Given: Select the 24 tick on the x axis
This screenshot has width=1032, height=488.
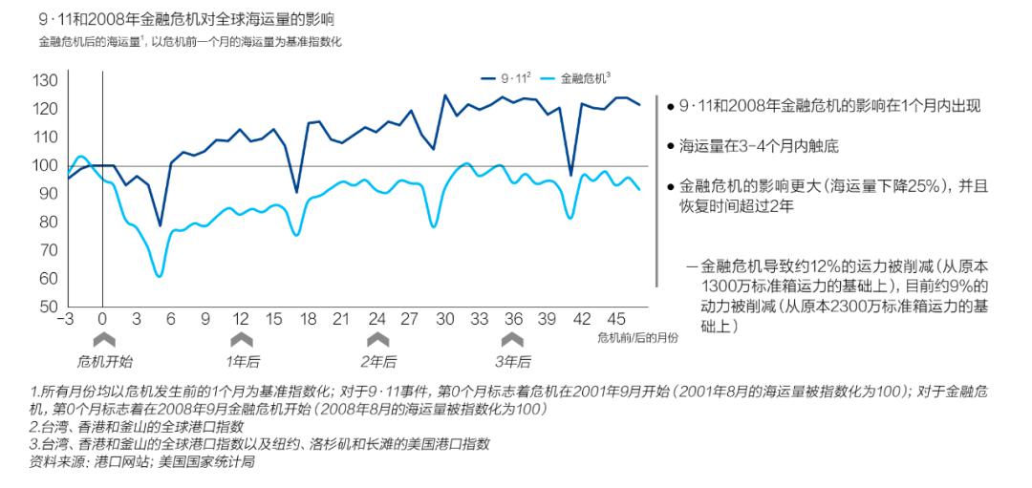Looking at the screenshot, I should [377, 319].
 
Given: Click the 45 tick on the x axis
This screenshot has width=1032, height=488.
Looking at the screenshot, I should [617, 319].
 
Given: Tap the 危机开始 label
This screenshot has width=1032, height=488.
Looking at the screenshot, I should [104, 361].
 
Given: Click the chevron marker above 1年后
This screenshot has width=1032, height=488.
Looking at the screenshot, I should [242, 339].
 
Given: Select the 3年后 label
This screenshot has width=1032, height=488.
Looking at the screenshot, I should [513, 361].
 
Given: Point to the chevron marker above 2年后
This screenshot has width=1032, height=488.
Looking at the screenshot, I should [378, 339].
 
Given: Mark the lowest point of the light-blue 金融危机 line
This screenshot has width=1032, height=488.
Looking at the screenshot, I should [159, 276].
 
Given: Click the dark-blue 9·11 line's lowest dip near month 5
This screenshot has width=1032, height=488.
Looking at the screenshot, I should [160, 225].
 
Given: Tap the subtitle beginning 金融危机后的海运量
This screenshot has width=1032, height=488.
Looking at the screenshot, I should [190, 42].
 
